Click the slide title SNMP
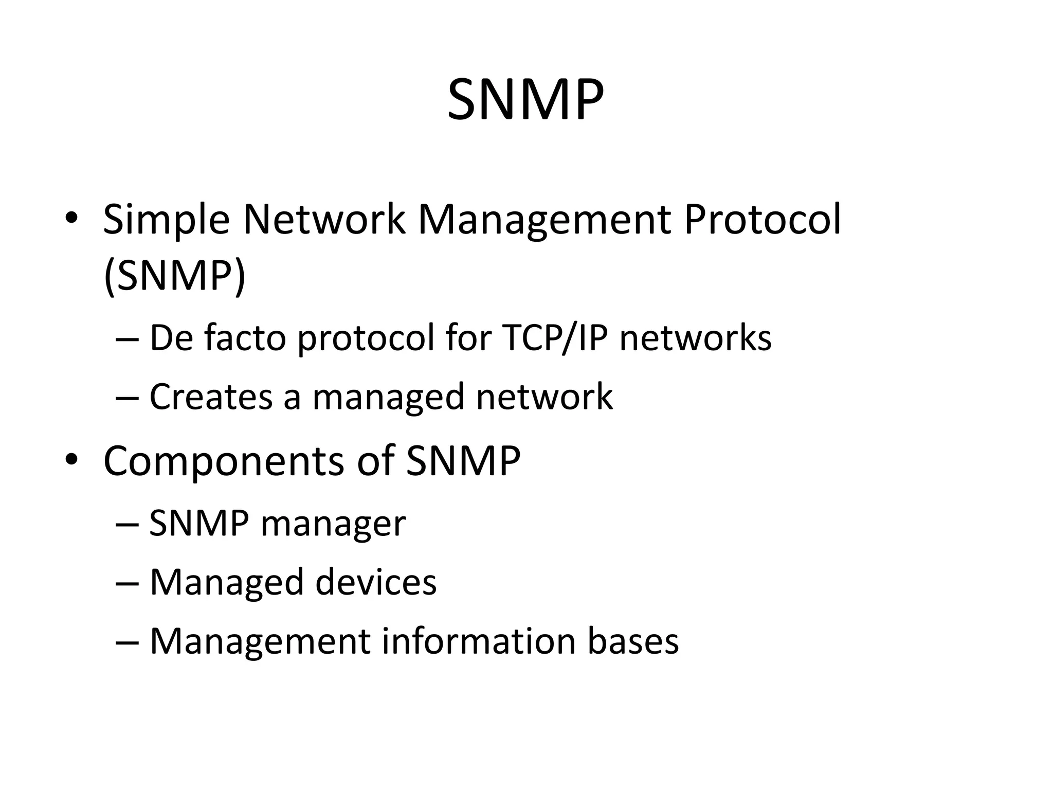(x=525, y=99)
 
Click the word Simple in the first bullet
(x=166, y=220)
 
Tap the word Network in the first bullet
(x=323, y=219)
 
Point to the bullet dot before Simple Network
(x=71, y=218)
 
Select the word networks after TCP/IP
(x=695, y=338)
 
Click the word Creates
(x=211, y=397)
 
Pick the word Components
(x=223, y=460)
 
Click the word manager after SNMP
(x=333, y=524)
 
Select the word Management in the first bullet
(x=544, y=220)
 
